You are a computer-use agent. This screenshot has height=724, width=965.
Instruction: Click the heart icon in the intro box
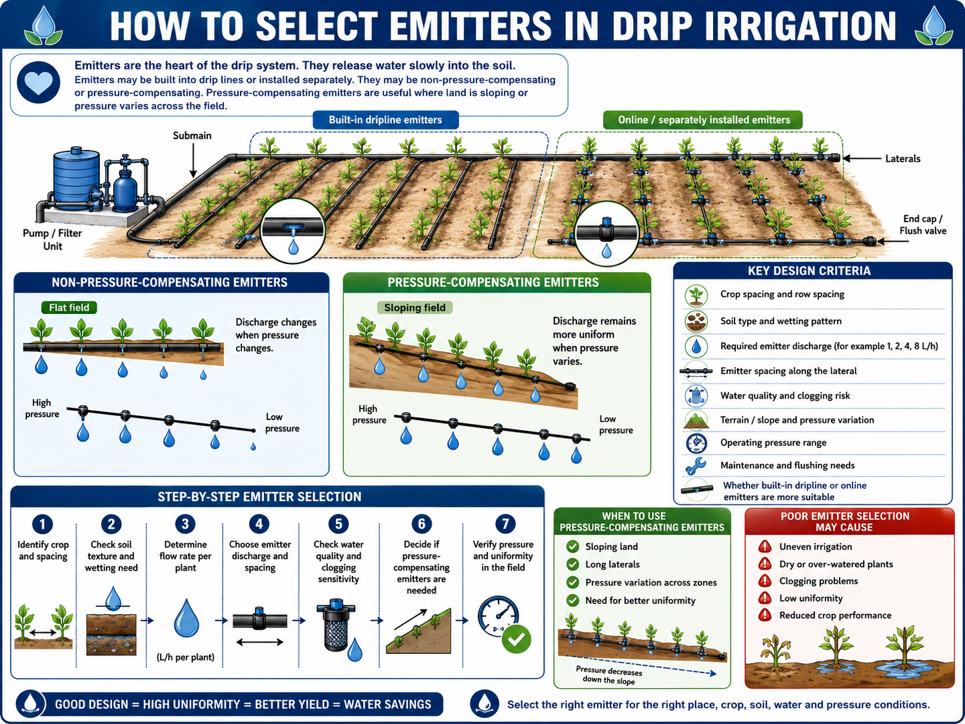[38, 83]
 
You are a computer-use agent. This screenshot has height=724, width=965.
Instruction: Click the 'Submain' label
[192, 135]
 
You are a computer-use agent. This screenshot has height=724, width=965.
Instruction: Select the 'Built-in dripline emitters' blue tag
[386, 120]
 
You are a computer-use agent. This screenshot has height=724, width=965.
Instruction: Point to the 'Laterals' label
[902, 159]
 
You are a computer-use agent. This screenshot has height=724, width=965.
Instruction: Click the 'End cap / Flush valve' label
[922, 225]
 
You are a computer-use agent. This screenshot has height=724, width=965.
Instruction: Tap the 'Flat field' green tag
[69, 307]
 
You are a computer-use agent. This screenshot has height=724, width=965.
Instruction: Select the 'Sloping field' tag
[415, 308]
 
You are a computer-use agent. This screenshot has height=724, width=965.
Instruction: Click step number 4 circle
[259, 524]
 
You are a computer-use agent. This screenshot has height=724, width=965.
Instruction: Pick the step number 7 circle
[505, 523]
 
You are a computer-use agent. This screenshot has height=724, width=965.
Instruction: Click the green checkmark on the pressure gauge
[516, 639]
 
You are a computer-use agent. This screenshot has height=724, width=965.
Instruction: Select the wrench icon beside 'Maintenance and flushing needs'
[696, 466]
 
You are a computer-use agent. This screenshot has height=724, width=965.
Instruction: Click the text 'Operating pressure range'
[773, 443]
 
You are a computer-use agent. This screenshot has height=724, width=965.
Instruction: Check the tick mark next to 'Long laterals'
[572, 565]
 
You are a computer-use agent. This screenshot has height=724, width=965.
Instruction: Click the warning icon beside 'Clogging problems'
[765, 581]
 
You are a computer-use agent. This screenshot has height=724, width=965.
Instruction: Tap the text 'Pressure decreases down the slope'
[609, 676]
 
